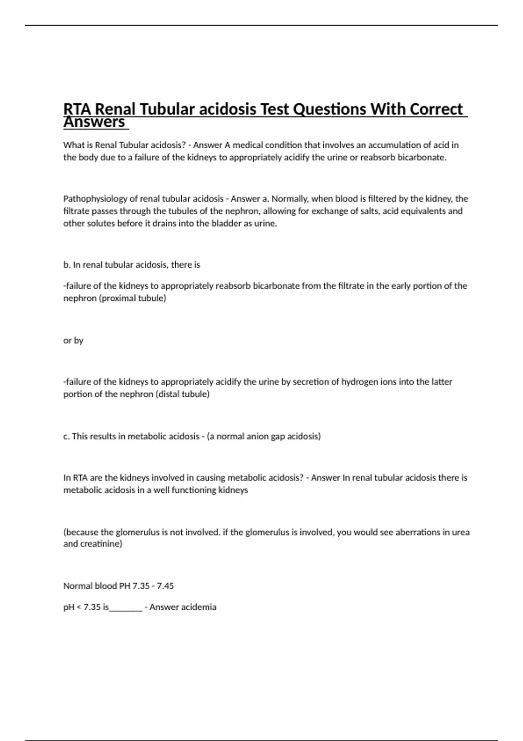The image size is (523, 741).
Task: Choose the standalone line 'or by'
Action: pyautogui.click(x=73, y=340)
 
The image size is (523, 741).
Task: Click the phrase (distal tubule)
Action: pyautogui.click(x=182, y=394)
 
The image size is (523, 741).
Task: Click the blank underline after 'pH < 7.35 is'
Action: pyautogui.click(x=126, y=608)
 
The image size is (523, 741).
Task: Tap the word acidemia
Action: pyautogui.click(x=198, y=607)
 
